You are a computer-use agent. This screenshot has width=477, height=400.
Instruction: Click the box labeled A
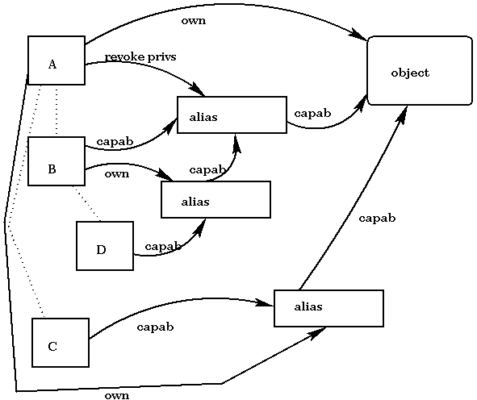point(56,60)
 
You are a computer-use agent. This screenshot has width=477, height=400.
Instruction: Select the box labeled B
point(56,161)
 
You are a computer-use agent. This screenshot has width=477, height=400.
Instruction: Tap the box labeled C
point(61,343)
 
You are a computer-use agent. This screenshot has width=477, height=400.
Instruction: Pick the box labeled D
point(105,246)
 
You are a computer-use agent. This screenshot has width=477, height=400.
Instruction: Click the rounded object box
point(420,70)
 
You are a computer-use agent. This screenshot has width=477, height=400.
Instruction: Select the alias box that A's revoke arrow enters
point(232,115)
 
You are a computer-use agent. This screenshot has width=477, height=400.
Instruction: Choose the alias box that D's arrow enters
point(216,199)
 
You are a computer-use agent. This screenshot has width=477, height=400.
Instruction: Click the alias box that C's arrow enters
point(328,308)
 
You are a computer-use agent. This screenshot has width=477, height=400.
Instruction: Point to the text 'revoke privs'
point(140,56)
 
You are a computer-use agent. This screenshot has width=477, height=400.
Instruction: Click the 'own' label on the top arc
point(194,21)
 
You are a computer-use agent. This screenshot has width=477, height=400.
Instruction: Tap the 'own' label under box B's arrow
point(117,174)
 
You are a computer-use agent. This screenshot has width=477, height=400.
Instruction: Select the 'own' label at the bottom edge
point(117,395)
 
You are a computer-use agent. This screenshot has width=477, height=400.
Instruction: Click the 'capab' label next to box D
point(163,247)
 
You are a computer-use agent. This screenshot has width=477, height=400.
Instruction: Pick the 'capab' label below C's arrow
point(155,327)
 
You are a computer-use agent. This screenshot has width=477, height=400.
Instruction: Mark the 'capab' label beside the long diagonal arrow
point(377,219)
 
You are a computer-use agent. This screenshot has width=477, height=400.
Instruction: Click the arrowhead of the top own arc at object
point(360,35)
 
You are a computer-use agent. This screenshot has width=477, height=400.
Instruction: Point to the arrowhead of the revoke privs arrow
point(197,90)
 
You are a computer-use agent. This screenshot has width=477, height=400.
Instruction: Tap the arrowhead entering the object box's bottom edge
point(402,114)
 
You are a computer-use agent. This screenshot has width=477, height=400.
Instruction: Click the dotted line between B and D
point(86,203)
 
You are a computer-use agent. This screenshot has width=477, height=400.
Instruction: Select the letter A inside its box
point(52,65)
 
